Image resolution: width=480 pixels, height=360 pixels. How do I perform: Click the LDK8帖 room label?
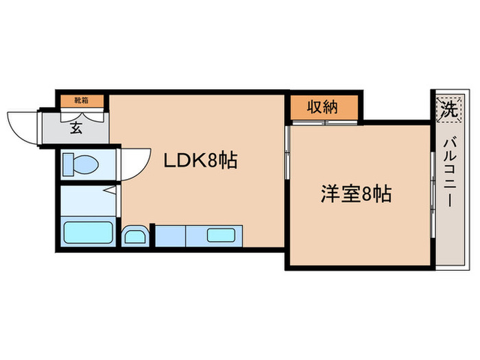(x=200, y=161)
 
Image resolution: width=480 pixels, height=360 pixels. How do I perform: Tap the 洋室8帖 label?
(x=356, y=194)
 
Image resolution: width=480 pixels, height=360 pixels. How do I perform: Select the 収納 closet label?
(x=322, y=108)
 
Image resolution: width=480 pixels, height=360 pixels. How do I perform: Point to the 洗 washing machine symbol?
(x=447, y=108)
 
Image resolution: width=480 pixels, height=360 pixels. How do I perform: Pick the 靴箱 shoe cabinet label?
(x=82, y=100)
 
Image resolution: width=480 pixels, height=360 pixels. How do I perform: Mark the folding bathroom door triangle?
(x=110, y=190)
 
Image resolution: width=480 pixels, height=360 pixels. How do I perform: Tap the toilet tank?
(x=67, y=165)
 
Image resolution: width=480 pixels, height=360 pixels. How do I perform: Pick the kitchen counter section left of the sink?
(x=169, y=236)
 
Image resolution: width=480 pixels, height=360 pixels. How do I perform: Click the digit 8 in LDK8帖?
(x=214, y=161)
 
